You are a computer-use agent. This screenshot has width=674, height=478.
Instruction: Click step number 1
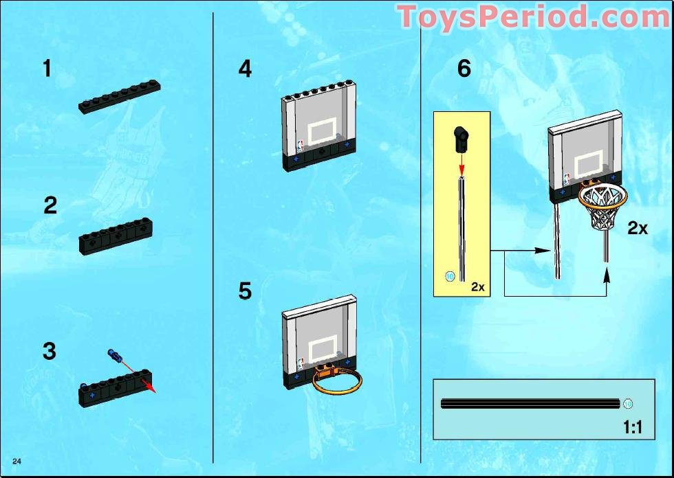47,69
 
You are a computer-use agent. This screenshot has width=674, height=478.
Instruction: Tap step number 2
50,205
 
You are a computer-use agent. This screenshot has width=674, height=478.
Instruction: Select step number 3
50,351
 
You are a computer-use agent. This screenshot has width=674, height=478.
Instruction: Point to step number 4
245,69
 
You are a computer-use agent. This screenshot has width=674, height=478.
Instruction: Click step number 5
245,291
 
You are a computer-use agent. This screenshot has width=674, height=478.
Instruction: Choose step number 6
464,69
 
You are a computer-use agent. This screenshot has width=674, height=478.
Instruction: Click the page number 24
17,462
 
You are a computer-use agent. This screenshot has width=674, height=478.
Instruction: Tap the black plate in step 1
120,97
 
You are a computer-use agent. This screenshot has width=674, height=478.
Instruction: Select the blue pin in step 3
116,355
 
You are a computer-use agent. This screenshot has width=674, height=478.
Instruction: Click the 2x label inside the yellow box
478,286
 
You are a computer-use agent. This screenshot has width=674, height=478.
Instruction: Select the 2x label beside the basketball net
638,228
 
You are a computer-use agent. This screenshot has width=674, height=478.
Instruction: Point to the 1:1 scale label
633,427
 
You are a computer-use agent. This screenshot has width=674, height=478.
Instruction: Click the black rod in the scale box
530,404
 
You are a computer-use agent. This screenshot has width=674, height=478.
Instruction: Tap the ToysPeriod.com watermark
532,17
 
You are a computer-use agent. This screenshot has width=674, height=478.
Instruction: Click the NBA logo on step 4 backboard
300,146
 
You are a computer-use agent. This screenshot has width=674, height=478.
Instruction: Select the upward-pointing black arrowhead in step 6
607,275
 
